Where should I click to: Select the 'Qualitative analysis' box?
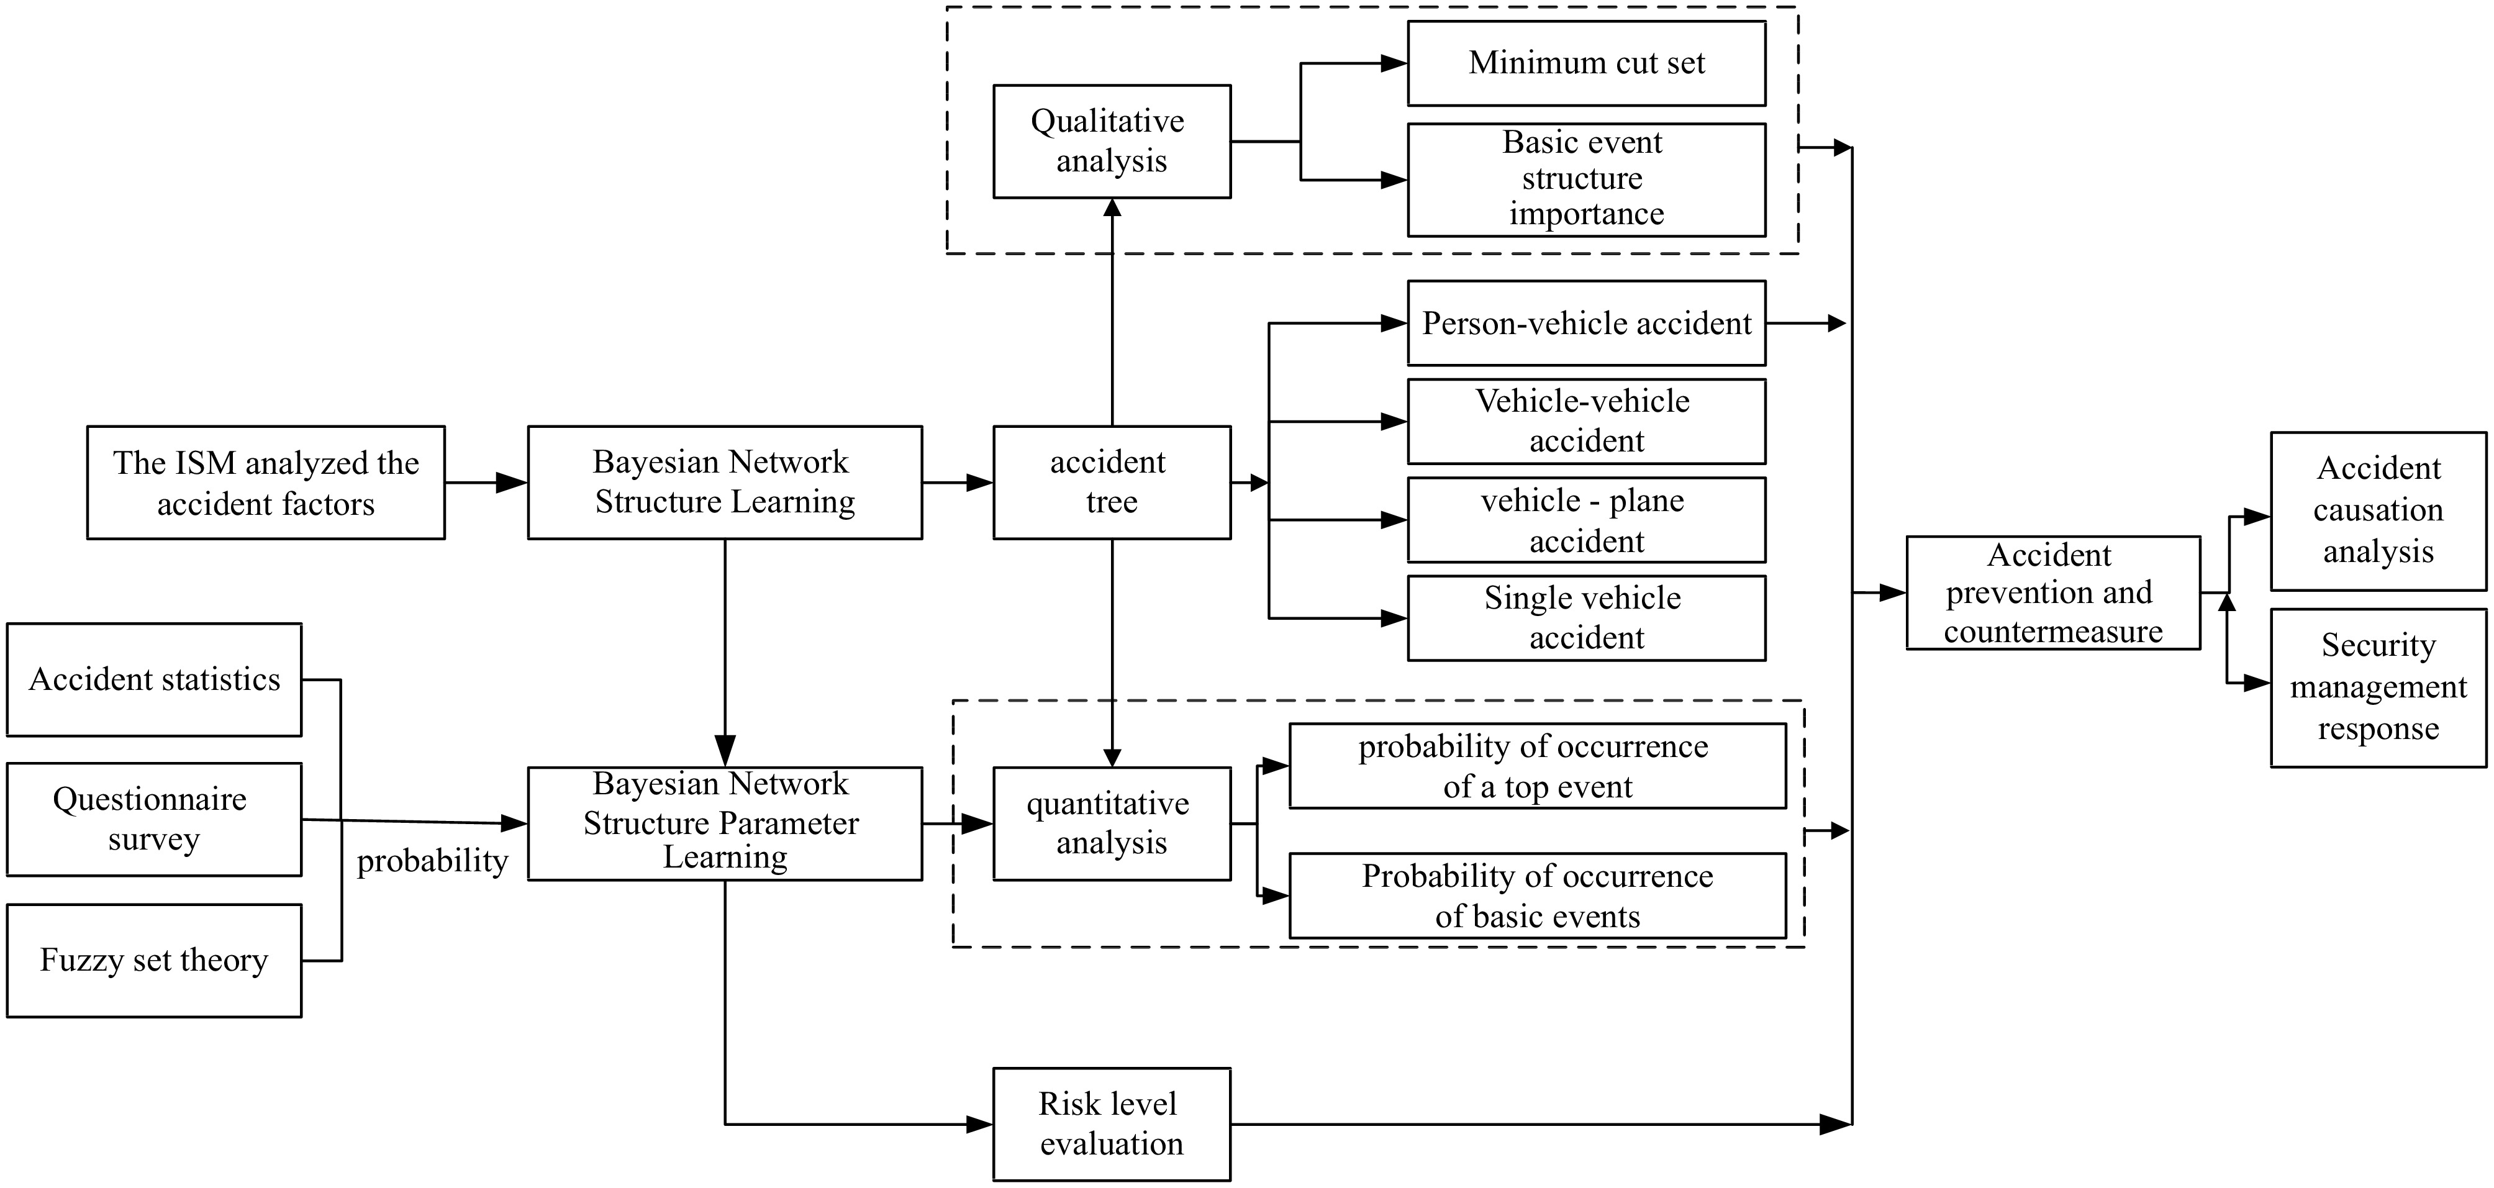(1112, 142)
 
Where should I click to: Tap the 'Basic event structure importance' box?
(1586, 179)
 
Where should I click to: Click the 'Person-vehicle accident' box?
(1586, 324)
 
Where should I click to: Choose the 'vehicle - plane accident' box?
(1586, 520)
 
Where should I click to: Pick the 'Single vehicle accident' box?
(1586, 618)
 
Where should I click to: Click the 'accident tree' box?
(1112, 482)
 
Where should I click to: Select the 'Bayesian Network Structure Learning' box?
(724, 482)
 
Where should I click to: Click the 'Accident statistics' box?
(154, 679)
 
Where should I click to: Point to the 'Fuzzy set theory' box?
(154, 961)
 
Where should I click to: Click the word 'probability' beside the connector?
(432, 861)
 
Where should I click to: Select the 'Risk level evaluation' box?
(1112, 1124)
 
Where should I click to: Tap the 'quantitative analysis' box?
(1112, 824)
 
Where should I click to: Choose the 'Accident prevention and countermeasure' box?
(2052, 592)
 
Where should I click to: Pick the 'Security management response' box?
(2378, 687)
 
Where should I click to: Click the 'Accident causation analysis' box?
(2378, 510)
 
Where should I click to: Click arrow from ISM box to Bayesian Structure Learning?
(486, 482)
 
